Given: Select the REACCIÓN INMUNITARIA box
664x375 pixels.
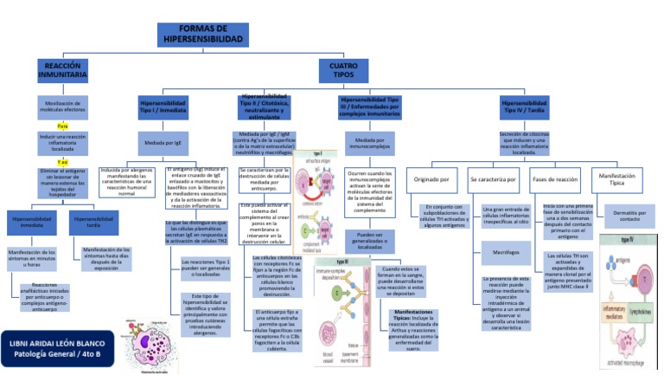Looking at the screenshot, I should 62,71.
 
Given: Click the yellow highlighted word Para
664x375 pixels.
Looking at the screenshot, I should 63,126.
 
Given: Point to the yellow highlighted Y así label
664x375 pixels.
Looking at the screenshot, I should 63,162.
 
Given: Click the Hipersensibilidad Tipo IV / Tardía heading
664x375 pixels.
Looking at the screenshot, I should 525,107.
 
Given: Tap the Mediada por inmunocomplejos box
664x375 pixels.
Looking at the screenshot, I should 369,143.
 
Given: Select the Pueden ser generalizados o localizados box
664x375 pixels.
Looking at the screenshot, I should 369,240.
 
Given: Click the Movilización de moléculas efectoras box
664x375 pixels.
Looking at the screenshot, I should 63,107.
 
